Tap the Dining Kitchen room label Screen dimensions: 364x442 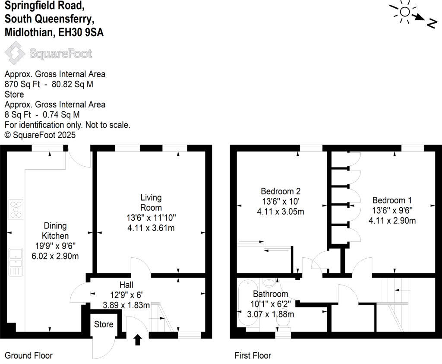[x=55, y=231]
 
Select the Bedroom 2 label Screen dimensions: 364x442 [x=280, y=191]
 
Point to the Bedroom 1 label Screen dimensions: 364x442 [x=392, y=200]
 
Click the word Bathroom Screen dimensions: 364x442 [x=270, y=294]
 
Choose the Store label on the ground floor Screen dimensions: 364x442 [x=104, y=324]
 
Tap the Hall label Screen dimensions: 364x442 [x=126, y=285]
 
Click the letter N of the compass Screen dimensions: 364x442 [x=430, y=24]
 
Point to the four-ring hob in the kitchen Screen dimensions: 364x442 [x=16, y=209]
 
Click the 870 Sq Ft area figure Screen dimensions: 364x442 [x=19, y=84]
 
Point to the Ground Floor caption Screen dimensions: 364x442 [x=28, y=356]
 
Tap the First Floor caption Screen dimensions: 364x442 [x=253, y=356]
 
